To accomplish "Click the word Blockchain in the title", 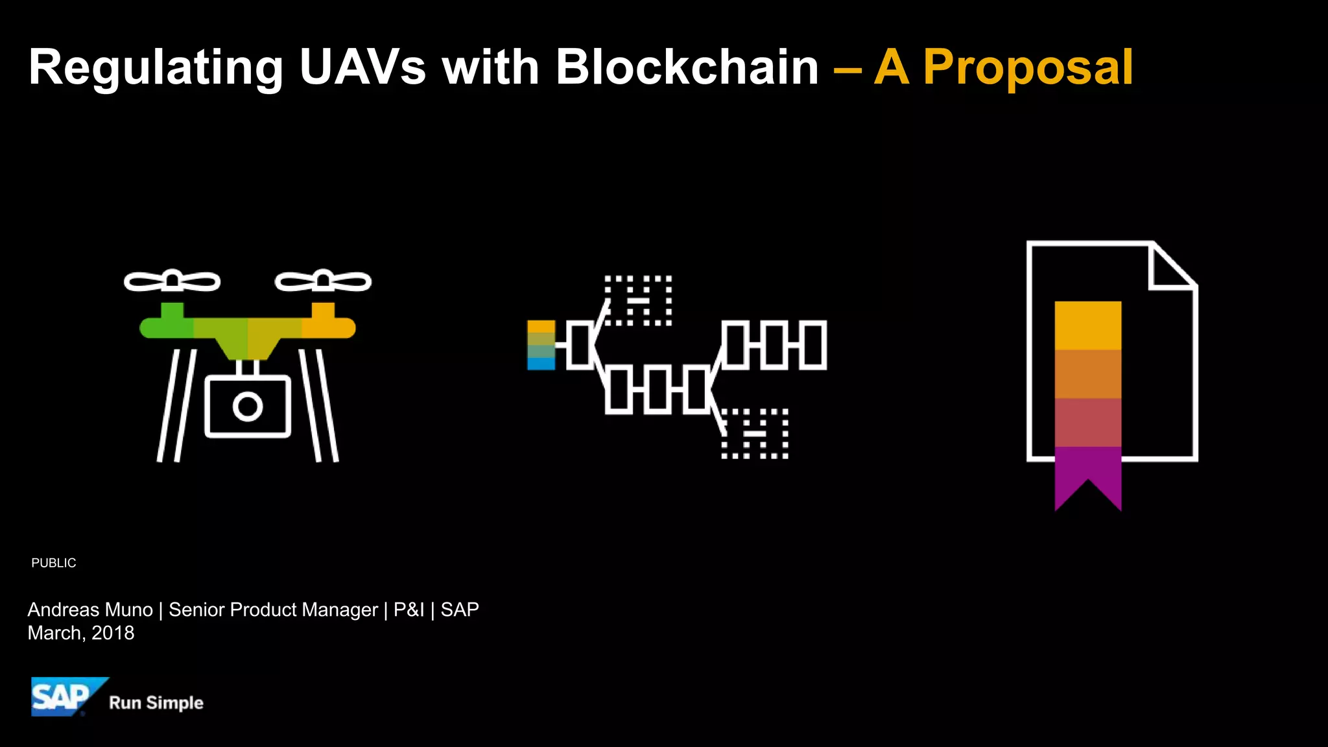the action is coord(687,67).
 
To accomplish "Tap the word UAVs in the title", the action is coord(362,67).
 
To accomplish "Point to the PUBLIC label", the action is coord(54,563).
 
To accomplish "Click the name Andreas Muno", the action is coord(90,610).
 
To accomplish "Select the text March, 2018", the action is coord(81,633).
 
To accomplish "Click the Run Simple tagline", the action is coord(156,703).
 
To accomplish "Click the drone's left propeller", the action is coord(172,281).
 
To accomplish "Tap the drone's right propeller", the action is coord(323,281).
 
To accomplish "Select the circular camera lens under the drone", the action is coord(247,407).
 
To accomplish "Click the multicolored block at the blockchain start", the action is coord(541,345).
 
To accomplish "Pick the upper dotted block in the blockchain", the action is coord(638,300).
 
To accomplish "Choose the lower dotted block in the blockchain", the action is coord(755,433).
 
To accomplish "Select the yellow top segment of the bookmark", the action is coord(1087,326).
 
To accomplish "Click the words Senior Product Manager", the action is coord(273,610).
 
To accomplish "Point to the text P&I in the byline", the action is coord(409,610).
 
